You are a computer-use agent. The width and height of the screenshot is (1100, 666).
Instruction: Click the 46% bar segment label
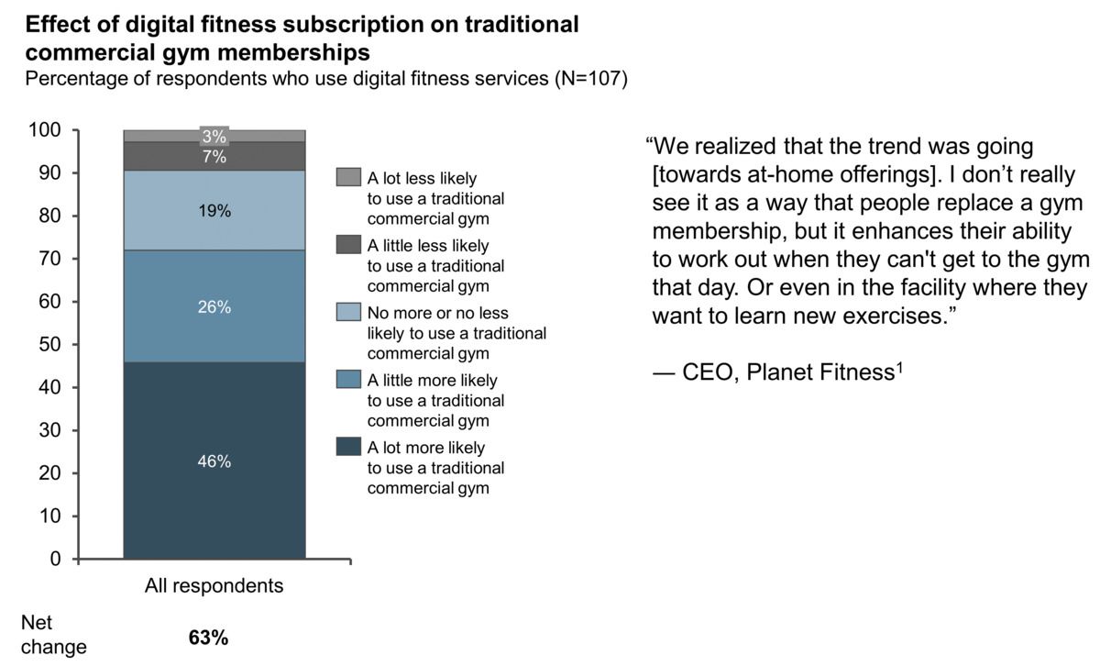[x=214, y=461]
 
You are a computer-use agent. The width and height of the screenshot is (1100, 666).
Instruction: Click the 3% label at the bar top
[x=214, y=137]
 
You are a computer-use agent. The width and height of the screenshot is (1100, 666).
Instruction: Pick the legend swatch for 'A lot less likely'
[x=348, y=177]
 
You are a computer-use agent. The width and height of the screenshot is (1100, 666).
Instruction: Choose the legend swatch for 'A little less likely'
[x=348, y=245]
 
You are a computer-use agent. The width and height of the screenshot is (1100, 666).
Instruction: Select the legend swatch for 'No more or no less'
[x=348, y=313]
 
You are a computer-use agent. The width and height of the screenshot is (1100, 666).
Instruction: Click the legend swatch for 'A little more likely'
[x=348, y=380]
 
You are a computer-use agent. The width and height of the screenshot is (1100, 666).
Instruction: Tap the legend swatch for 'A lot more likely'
[x=348, y=448]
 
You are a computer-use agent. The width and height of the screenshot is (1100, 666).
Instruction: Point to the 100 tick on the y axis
[x=49, y=130]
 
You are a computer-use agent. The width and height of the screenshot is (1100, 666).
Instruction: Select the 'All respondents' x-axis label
[x=214, y=585]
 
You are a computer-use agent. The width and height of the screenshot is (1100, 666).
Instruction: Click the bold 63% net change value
[x=208, y=638]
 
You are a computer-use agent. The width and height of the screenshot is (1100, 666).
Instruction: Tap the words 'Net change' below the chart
[x=53, y=635]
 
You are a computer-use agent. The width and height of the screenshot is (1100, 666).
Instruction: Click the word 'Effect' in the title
[x=59, y=24]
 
